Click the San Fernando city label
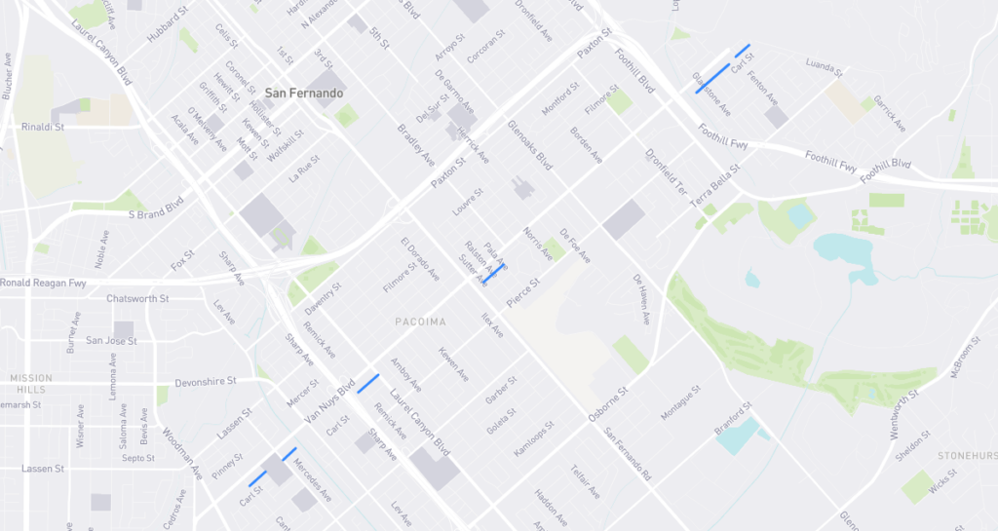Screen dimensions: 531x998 pos(304,93)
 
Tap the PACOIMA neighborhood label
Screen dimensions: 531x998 pos(421,321)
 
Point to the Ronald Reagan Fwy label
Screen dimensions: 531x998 pos(44,283)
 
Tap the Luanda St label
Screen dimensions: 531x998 pos(824,67)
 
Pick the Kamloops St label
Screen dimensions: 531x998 pos(532,442)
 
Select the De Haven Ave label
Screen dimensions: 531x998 pos(639,299)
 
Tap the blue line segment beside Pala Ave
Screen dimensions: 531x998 pos(496,271)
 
